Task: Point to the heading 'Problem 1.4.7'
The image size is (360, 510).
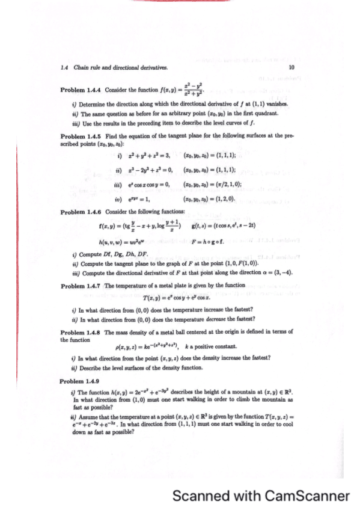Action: point(82,286)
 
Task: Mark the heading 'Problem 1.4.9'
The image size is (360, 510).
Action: point(81,381)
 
